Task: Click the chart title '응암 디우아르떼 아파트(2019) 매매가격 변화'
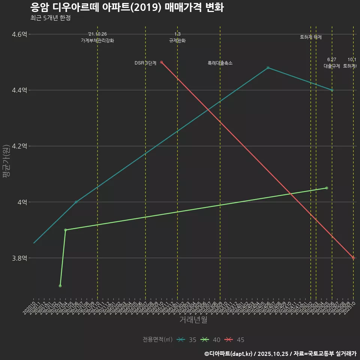pos(127,7)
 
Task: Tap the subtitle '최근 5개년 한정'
pos(50,18)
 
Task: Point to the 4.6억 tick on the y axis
pos(19,34)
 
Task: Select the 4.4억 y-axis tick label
pos(19,90)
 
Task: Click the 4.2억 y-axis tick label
pos(19,146)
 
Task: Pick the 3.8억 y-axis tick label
pos(19,258)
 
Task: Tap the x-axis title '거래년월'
pos(193,320)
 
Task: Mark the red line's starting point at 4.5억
pos(161,62)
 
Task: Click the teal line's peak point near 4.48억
pos(268,68)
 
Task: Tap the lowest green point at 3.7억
pos(60,286)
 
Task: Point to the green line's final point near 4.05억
pos(327,188)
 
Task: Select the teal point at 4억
pos(76,202)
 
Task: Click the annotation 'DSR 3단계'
pos(145,63)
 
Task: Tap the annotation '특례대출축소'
pos(220,63)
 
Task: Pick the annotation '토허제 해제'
pos(311,37)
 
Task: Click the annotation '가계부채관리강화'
pos(97,40)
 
